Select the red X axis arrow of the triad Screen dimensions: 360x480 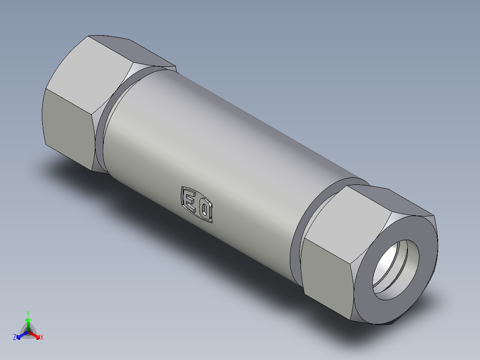coord(36,335)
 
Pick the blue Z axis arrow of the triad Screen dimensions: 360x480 coord(20,335)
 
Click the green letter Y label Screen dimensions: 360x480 coord(28,313)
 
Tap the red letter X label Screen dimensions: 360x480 coord(42,338)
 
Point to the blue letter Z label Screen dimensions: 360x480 coord(15,338)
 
